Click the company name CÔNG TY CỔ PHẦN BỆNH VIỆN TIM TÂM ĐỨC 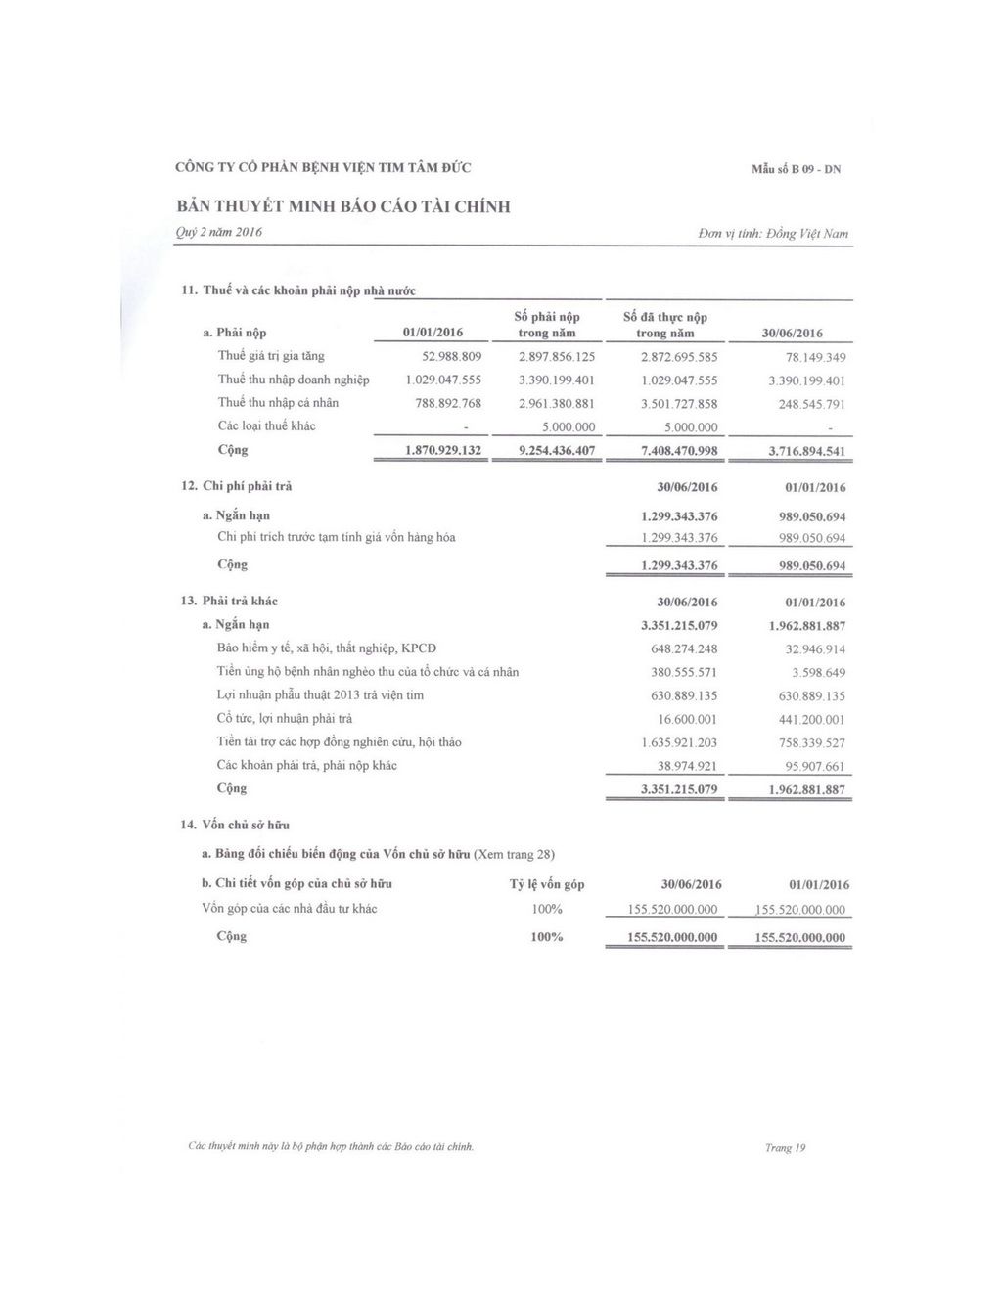(x=323, y=168)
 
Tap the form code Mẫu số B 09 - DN (x=796, y=169)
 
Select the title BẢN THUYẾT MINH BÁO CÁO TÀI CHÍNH (x=343, y=206)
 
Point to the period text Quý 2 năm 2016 (x=218, y=232)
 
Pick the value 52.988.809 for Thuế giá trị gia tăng (x=451, y=356)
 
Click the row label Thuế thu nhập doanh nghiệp (x=294, y=380)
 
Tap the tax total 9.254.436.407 (x=543, y=451)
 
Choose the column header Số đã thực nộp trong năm (x=665, y=325)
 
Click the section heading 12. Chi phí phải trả (x=236, y=486)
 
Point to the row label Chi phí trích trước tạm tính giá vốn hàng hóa (x=336, y=537)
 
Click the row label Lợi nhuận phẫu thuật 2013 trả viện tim (x=320, y=695)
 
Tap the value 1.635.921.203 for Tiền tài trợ (x=679, y=743)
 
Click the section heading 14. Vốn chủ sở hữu (x=235, y=825)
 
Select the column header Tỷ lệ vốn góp (x=547, y=884)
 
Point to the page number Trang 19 (x=785, y=1148)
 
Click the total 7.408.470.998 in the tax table (x=679, y=451)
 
